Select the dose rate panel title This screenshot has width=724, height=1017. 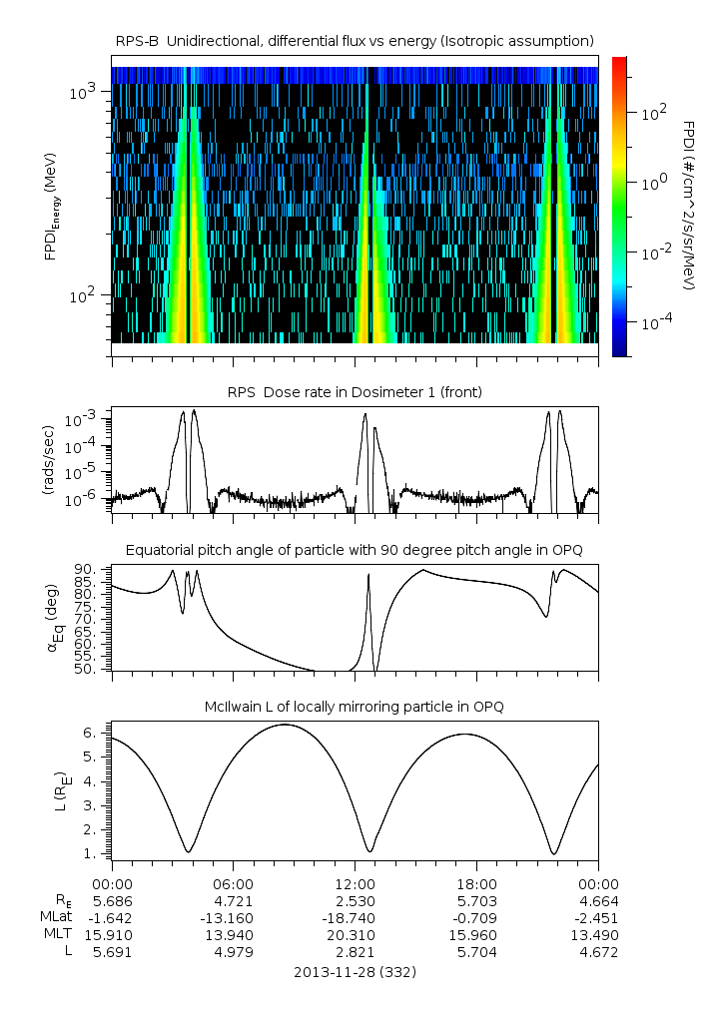click(355, 392)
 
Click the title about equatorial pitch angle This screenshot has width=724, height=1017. click(355, 550)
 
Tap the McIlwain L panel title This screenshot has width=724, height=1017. click(355, 707)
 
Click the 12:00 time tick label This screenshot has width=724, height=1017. click(355, 883)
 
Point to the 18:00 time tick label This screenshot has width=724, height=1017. click(476, 883)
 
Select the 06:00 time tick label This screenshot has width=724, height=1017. click(234, 883)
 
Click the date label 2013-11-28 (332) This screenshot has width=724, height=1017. click(355, 971)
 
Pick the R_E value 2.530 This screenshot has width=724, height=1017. click(355, 900)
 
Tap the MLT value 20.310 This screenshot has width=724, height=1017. click(355, 935)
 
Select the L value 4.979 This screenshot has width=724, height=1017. click(234, 952)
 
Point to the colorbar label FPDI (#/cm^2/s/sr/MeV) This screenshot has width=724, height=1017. click(689, 205)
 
